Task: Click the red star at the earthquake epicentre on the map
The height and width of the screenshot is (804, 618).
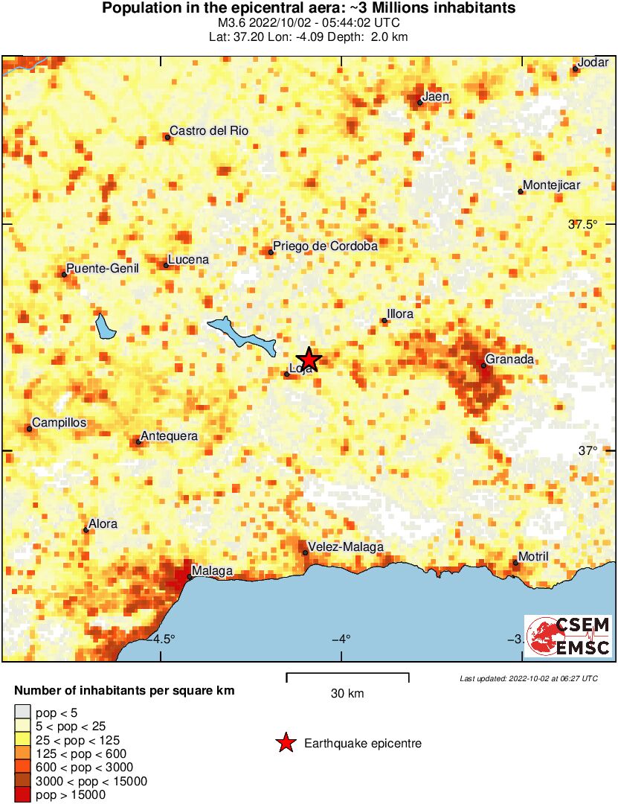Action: [x=309, y=359]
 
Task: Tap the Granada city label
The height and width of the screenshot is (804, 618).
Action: [x=509, y=360]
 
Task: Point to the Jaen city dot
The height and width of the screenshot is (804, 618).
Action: [x=420, y=103]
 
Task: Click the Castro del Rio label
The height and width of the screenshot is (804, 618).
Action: [x=209, y=130]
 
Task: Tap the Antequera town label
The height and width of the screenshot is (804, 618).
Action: [x=170, y=435]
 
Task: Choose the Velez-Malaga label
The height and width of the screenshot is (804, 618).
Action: [x=346, y=546]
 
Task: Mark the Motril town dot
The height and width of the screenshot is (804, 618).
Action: [x=515, y=562]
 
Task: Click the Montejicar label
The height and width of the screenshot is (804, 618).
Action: [x=551, y=185]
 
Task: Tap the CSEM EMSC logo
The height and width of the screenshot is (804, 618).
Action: [x=568, y=636]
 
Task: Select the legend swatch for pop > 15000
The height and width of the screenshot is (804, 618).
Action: [x=23, y=794]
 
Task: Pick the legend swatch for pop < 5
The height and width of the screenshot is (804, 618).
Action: [x=23, y=713]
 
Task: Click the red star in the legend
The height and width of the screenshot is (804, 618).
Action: [x=285, y=743]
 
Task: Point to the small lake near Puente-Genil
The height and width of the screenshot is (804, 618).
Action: [x=103, y=326]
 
